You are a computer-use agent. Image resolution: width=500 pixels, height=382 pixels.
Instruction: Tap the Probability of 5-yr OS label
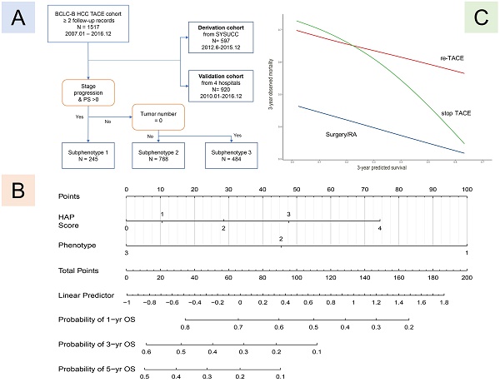93,367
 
